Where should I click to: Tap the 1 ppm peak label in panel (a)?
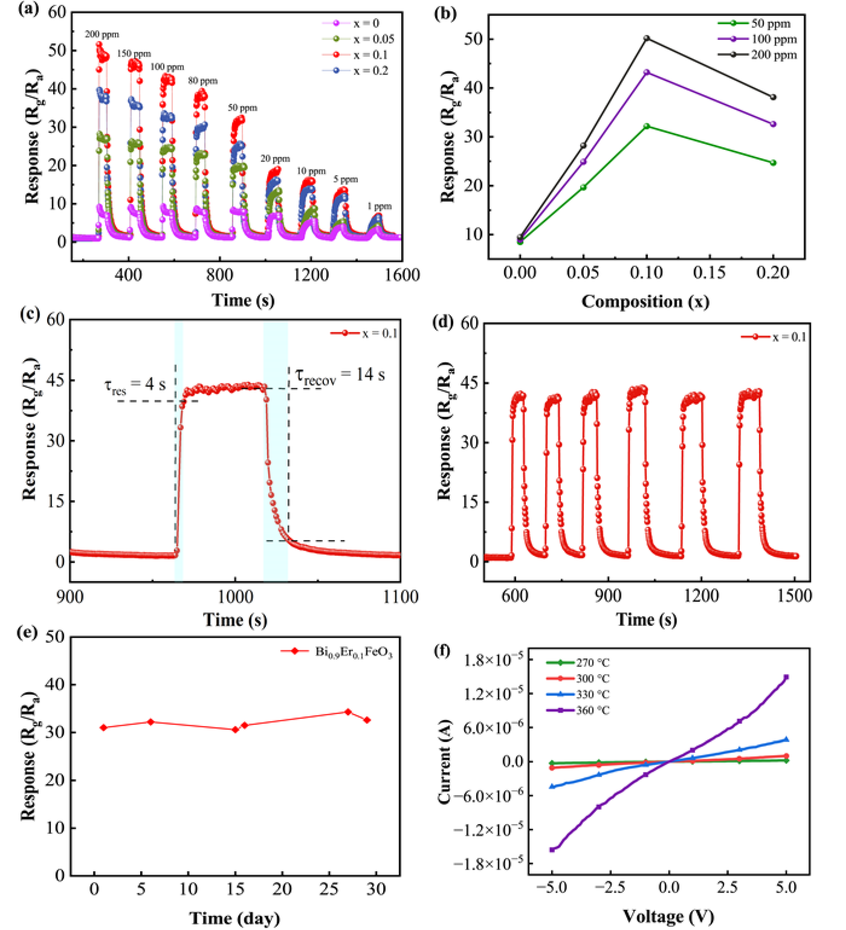(x=379, y=206)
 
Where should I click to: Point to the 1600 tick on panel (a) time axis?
(x=402, y=275)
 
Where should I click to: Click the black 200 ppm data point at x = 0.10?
(x=647, y=38)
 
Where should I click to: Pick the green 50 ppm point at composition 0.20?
(x=773, y=163)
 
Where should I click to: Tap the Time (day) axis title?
(x=235, y=918)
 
